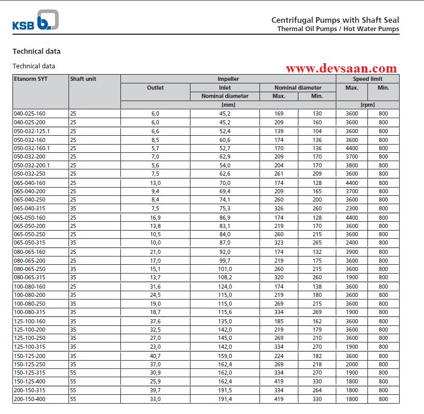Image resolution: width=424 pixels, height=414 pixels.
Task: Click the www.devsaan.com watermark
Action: [341, 68]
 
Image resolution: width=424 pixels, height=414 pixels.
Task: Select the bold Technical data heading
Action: [36, 51]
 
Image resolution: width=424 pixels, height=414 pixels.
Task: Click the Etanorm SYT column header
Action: [31, 79]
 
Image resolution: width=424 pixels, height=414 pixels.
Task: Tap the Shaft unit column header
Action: [83, 79]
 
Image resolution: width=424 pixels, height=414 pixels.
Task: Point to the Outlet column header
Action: [155, 88]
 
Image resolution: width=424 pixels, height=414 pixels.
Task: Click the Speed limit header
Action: [367, 79]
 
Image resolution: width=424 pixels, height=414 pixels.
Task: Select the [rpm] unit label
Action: [367, 105]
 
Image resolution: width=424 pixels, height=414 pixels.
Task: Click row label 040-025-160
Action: [30, 113]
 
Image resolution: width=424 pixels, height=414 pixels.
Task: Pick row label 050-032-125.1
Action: [32, 131]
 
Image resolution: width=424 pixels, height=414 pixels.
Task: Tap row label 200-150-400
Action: [30, 399]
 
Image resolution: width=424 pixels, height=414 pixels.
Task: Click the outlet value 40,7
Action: [155, 356]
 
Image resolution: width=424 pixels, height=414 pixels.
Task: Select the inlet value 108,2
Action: [225, 278]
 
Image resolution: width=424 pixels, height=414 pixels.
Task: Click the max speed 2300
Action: [352, 208]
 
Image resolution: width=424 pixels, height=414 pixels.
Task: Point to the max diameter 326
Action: [279, 208]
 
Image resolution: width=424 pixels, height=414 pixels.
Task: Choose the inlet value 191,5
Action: [225, 390]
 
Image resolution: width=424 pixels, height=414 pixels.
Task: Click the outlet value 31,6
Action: [155, 287]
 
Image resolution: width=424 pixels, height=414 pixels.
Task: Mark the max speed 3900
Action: [352, 252]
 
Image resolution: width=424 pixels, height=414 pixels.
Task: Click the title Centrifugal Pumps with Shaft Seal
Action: [335, 20]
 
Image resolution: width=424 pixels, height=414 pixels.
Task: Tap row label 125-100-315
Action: [30, 347]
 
